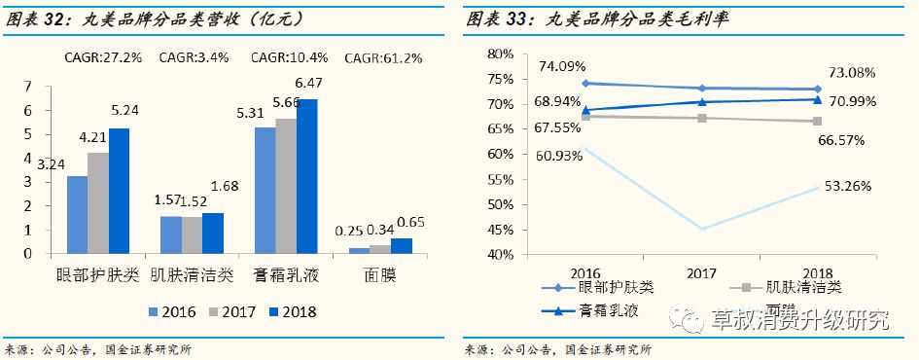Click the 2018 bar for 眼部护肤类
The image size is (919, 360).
pos(119,191)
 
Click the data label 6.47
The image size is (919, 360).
pos(307,85)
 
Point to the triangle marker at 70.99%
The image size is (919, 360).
pos(817,99)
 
